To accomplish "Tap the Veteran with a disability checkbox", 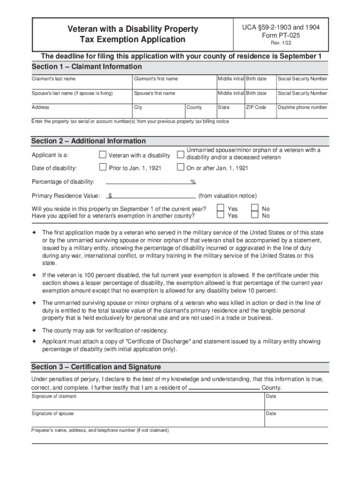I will [103, 155].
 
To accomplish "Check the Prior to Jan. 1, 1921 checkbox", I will [103, 167].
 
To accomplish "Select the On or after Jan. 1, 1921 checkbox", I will [180, 167].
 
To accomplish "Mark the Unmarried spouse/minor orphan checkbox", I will [180, 154].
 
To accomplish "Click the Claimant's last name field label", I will [53, 79].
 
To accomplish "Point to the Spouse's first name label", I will [154, 93].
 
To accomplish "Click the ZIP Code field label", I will [256, 107].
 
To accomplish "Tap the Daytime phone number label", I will [302, 107].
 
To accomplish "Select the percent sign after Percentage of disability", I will [193, 182].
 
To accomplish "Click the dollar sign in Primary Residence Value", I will [109, 196].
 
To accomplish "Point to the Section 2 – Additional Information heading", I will [88, 141].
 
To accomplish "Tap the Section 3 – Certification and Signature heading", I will [96, 367].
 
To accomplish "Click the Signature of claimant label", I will [54, 396].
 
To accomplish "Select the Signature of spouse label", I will [52, 414].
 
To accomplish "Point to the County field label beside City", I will [194, 107].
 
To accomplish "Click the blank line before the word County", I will [224, 388].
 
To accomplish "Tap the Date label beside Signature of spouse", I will [271, 414].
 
